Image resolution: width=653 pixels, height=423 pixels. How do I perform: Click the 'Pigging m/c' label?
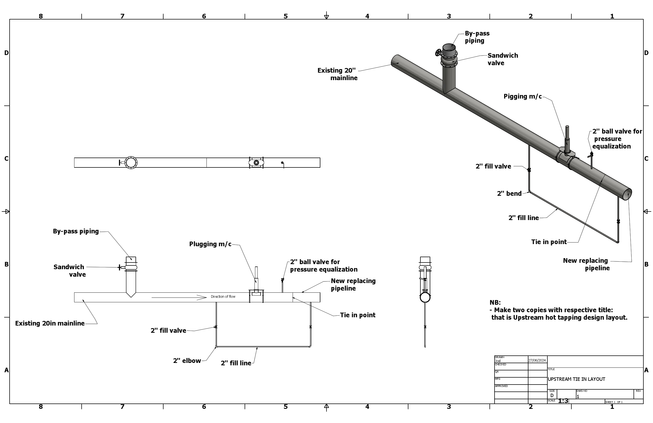[522, 96]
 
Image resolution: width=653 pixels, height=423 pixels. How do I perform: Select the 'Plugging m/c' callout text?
[210, 244]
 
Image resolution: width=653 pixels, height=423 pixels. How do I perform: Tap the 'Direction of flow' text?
[223, 297]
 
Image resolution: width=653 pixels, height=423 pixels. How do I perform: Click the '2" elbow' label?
[187, 361]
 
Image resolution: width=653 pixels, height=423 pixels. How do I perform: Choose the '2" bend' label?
[509, 194]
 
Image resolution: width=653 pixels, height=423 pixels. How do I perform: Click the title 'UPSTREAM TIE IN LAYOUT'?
[576, 379]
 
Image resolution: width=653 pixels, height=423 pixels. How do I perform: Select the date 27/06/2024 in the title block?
[537, 360]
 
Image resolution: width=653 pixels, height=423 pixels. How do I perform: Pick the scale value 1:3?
[563, 401]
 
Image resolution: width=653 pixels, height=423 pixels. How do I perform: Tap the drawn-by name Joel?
[498, 361]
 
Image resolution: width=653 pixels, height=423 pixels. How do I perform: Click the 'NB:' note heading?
[495, 303]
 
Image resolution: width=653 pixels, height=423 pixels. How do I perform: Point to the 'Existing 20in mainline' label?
[50, 323]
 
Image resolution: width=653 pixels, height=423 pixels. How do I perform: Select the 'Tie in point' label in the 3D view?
[549, 242]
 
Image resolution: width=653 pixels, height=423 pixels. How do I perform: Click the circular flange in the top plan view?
[131, 163]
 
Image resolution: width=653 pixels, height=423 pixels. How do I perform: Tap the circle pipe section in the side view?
[425, 297]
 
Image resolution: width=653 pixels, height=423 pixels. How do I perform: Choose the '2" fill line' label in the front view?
[236, 363]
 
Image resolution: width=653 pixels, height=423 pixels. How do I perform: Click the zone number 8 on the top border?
[41, 16]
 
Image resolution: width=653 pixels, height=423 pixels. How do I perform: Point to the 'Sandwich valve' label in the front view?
[69, 271]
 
